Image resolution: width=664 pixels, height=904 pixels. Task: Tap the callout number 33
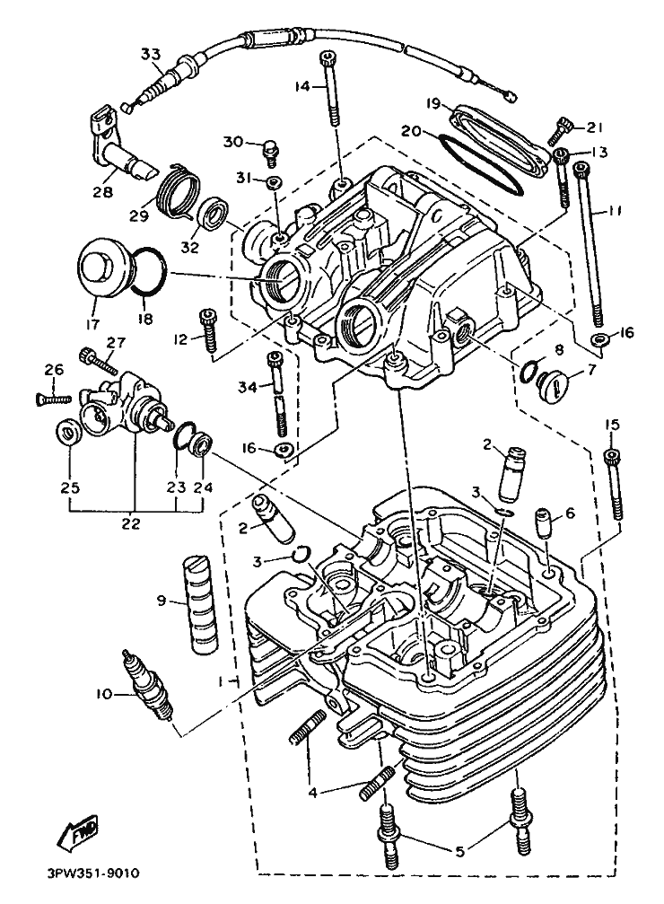151,53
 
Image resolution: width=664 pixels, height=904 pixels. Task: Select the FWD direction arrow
78,834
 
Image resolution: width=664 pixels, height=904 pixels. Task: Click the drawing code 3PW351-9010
89,871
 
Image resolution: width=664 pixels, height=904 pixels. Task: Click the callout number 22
131,523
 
